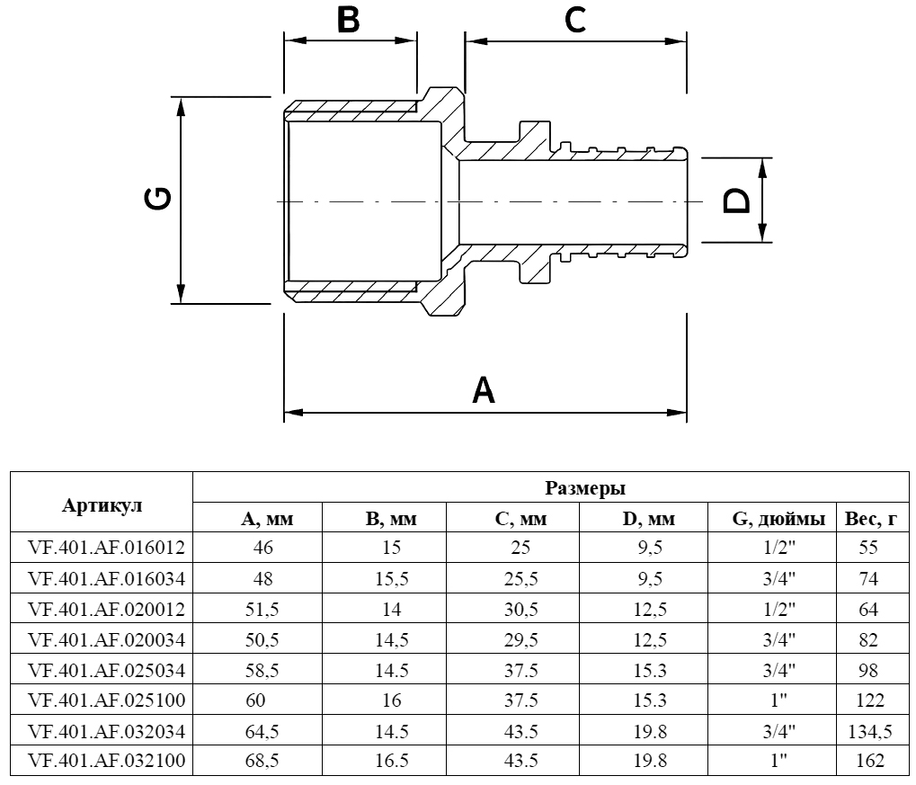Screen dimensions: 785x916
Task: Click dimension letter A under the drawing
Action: (x=484, y=391)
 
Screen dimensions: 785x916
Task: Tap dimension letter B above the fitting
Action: (x=348, y=19)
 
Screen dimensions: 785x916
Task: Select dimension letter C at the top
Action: (x=576, y=20)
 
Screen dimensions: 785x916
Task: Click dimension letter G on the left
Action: (x=159, y=199)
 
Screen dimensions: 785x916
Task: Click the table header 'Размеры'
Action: (x=585, y=489)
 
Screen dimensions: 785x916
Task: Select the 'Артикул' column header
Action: (x=102, y=504)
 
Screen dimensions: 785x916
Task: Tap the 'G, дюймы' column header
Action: (x=778, y=519)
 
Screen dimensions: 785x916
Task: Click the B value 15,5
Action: (x=392, y=578)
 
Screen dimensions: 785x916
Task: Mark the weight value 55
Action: (x=868, y=547)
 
